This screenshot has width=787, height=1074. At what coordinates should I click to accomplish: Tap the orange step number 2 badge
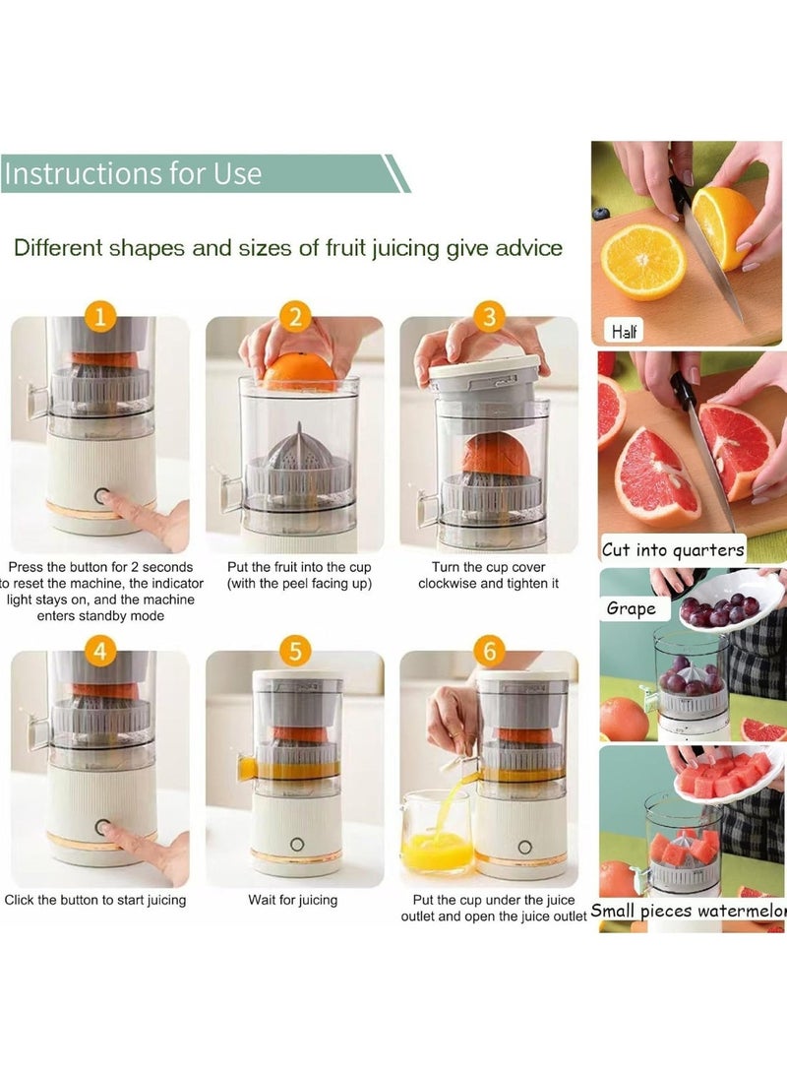click(295, 318)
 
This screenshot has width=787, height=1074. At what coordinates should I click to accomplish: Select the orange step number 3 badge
click(489, 318)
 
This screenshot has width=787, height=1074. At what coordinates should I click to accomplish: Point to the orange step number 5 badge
click(295, 651)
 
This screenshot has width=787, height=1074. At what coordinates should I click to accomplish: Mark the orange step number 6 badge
click(489, 651)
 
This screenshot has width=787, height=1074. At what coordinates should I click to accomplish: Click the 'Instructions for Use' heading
click(133, 174)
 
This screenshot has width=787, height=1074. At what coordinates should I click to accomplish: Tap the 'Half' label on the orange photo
click(624, 332)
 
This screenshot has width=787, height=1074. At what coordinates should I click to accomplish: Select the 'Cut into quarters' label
click(673, 549)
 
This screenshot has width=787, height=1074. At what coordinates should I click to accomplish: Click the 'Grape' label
click(631, 608)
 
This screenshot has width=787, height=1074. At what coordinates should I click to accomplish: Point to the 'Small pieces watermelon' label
click(688, 911)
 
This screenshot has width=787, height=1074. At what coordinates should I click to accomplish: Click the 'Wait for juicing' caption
click(293, 900)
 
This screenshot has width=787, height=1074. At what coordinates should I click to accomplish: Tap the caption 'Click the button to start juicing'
click(95, 900)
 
